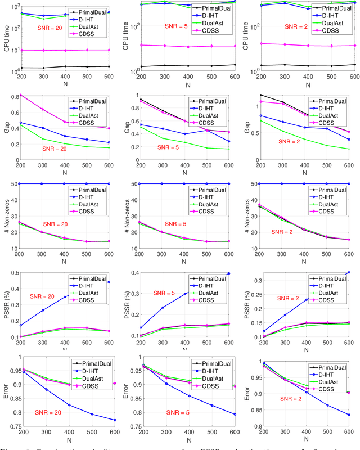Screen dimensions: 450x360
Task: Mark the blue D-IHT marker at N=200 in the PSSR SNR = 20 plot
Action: click(21, 325)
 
